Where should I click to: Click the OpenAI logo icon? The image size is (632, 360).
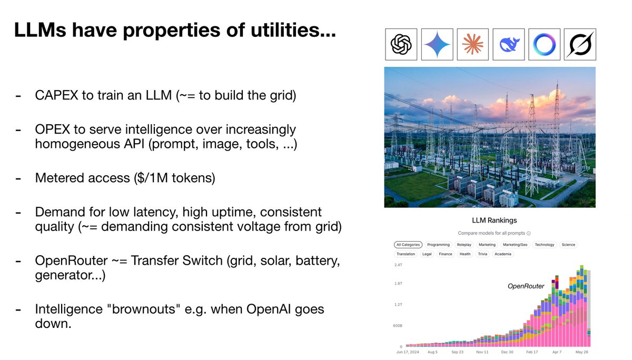coord(401,44)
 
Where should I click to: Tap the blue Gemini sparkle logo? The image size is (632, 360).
coord(437,44)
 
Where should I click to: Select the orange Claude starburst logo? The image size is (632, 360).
coord(472,44)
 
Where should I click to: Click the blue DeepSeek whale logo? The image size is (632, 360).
coord(508,44)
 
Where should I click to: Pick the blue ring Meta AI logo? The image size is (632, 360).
coord(544,44)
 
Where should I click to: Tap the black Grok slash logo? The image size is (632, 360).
coord(579,44)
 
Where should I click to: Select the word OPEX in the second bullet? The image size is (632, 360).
coord(52,129)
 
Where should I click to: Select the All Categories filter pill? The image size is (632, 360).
coord(408,245)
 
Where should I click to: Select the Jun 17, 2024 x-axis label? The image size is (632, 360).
coord(409,352)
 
